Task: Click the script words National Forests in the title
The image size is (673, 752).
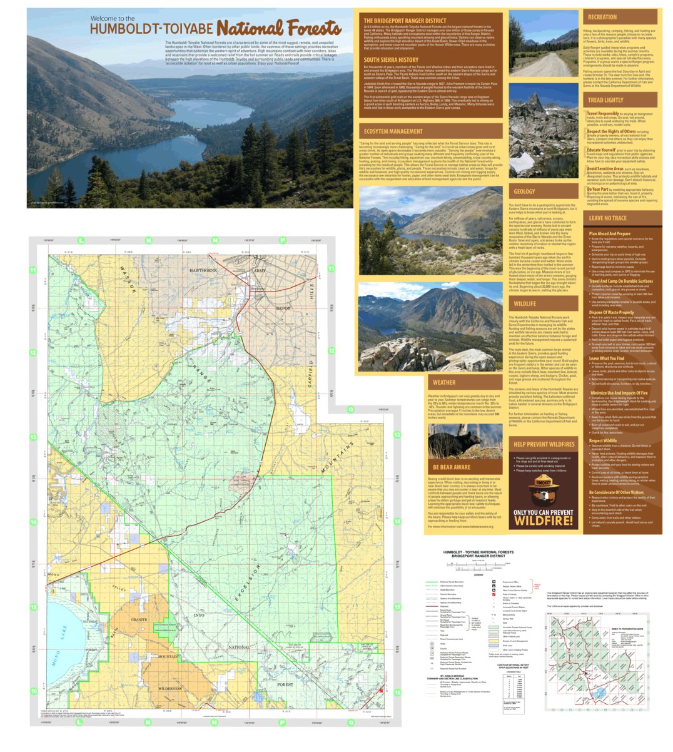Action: point(279,28)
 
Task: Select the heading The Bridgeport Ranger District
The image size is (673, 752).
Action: point(405,20)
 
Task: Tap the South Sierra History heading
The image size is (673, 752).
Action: point(392,60)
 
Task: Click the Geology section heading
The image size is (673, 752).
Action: point(524,191)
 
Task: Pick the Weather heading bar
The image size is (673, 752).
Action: point(443,382)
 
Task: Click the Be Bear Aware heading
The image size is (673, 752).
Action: point(451,467)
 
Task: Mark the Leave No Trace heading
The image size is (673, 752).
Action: point(607,218)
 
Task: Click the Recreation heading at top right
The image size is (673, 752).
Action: point(602,17)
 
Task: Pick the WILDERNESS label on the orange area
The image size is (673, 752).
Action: point(170,688)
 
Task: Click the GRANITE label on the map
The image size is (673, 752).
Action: point(138,619)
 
